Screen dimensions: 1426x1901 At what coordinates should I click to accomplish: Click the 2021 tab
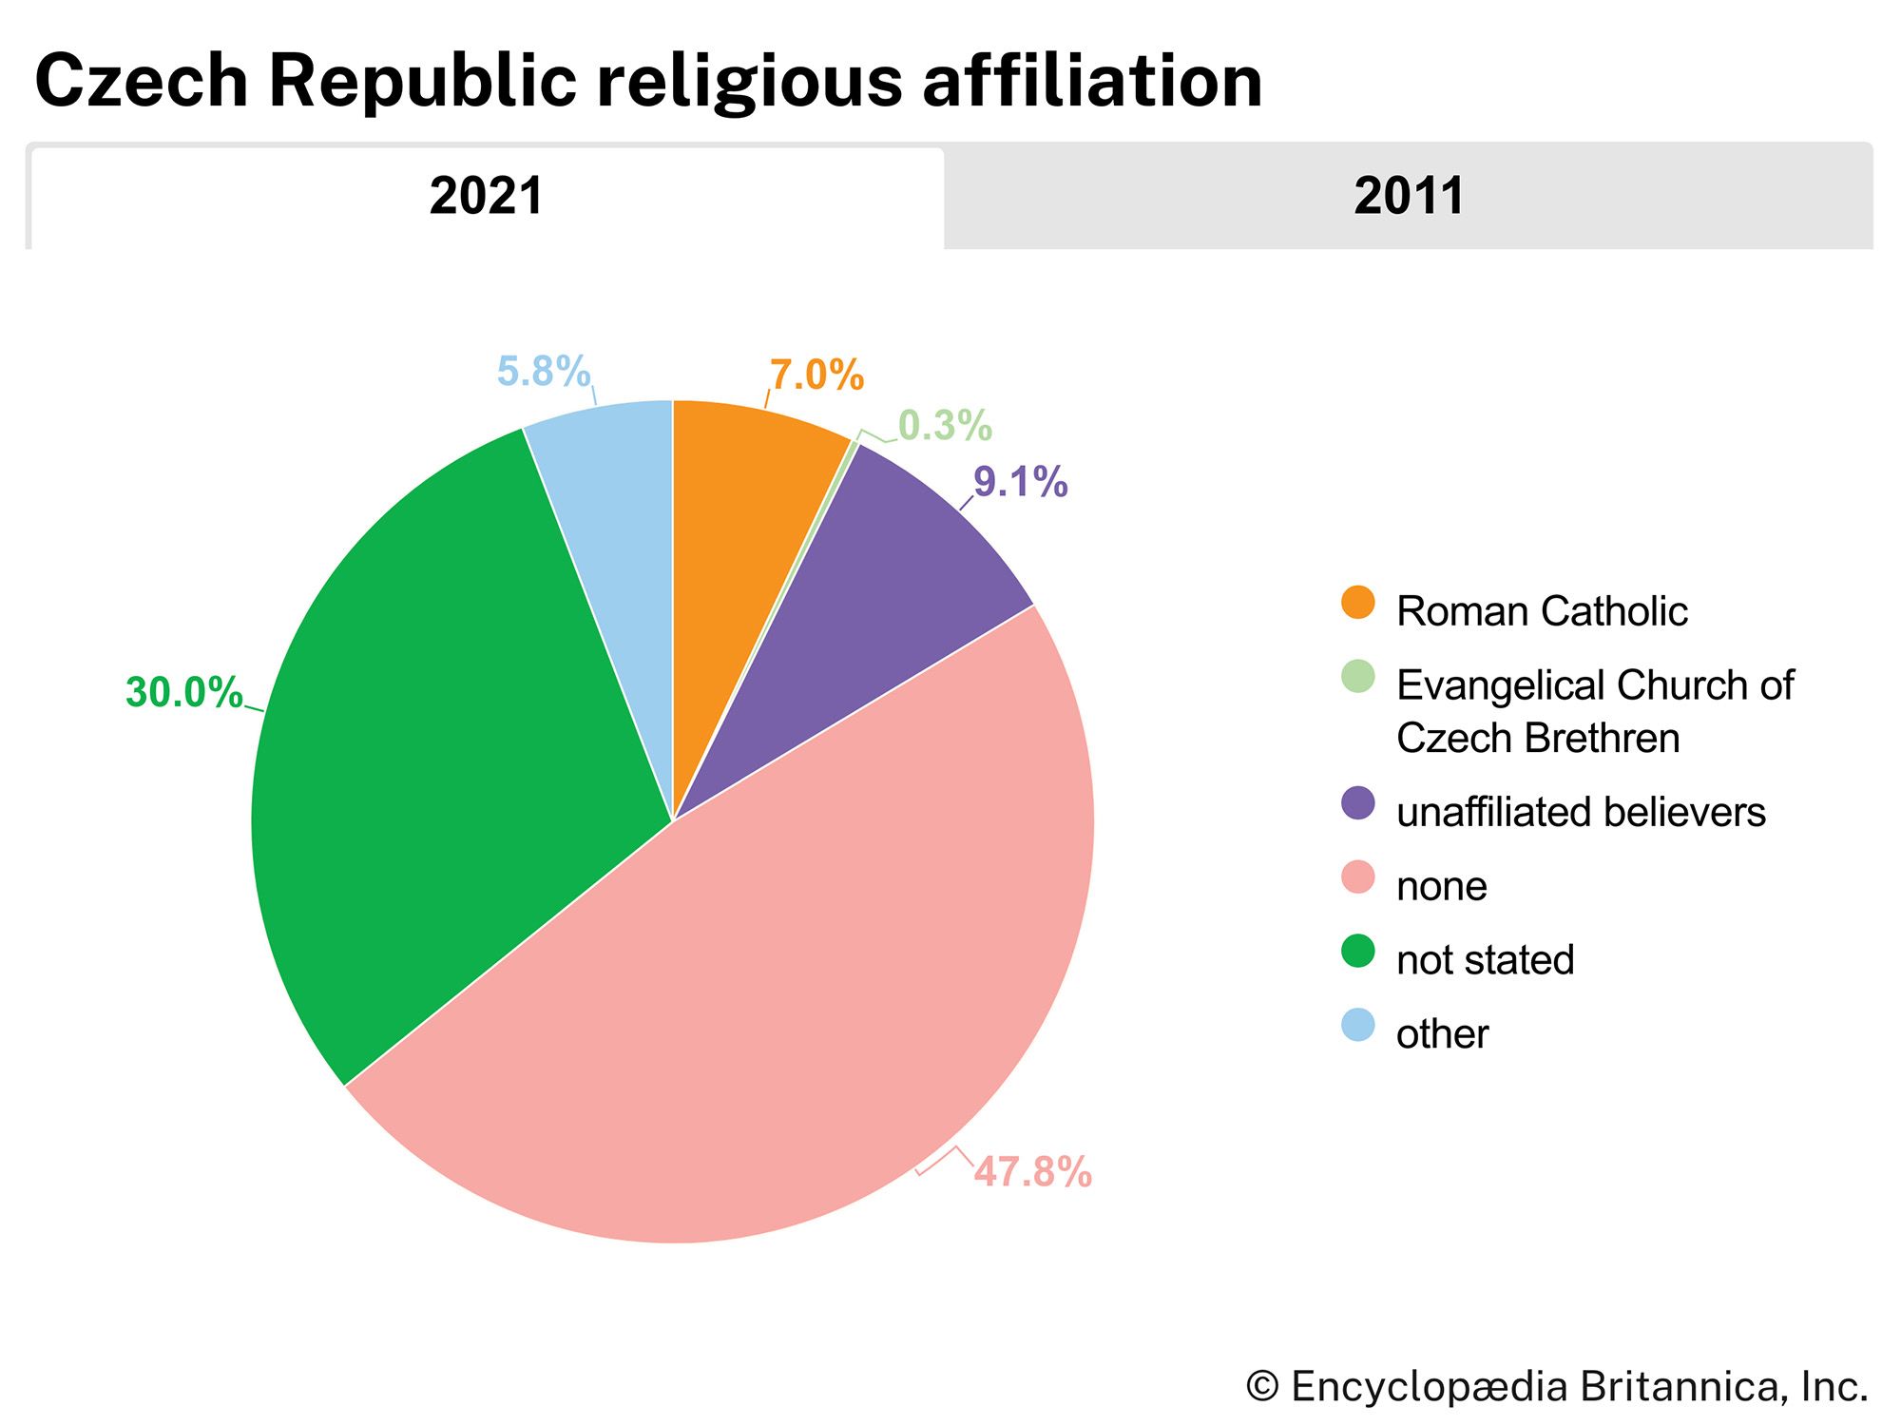click(486, 197)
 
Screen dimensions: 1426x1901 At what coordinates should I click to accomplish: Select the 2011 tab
click(1408, 197)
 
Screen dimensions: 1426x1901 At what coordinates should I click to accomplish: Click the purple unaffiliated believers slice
click(884, 608)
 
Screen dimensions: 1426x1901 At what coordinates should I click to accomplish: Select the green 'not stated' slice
click(428, 761)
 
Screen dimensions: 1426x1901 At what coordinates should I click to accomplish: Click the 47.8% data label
click(1033, 1171)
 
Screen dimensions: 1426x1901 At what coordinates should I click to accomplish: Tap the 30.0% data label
click(183, 692)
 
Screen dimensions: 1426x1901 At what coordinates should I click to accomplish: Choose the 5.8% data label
click(544, 371)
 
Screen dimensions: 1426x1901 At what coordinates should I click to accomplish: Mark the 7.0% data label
click(816, 376)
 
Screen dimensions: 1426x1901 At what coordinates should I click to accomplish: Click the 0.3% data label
click(945, 425)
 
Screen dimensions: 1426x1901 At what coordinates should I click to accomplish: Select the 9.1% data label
click(1020, 482)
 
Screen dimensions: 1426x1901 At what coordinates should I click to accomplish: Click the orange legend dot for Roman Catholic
click(1357, 603)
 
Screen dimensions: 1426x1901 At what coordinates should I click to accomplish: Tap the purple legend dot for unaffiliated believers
click(1357, 803)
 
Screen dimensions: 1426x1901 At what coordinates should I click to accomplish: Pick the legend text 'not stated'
click(1485, 959)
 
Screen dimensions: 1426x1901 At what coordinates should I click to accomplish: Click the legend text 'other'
click(1442, 1033)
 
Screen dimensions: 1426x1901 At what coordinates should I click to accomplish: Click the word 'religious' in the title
click(749, 81)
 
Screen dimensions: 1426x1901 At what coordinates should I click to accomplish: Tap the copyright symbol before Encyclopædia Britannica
click(1262, 1386)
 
